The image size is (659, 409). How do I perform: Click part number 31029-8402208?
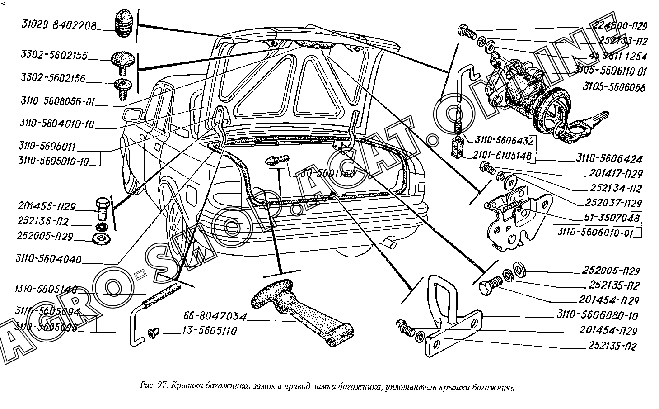pyautogui.click(x=59, y=26)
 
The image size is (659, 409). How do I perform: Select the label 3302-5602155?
pyautogui.click(x=54, y=56)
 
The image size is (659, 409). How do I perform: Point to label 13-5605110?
pyautogui.click(x=209, y=332)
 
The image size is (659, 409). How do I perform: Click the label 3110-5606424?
pyautogui.click(x=609, y=159)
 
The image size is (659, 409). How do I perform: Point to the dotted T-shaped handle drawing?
pyautogui.click(x=298, y=312)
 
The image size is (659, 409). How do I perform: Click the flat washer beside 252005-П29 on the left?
pyautogui.click(x=98, y=238)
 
